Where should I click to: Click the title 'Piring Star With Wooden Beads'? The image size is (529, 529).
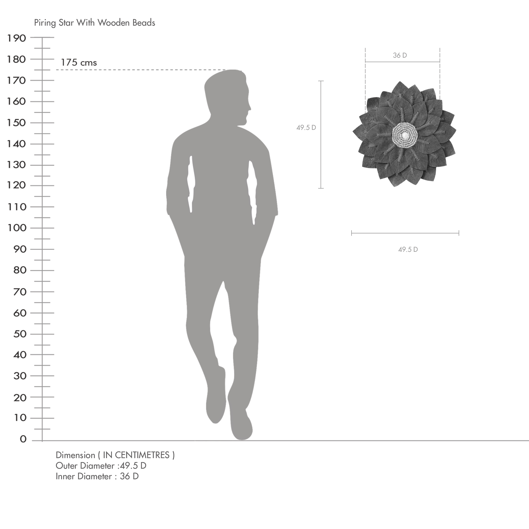coord(94,23)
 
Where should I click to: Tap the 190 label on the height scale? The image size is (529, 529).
coord(16,38)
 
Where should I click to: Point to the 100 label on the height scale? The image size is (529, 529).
coord(17,227)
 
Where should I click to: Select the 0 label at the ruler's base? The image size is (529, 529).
coord(23,439)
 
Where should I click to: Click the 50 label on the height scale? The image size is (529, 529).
coord(20,334)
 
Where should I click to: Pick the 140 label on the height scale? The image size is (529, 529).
coord(16,143)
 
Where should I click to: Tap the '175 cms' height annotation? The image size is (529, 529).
coord(79,62)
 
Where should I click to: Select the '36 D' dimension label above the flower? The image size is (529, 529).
coord(400,55)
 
